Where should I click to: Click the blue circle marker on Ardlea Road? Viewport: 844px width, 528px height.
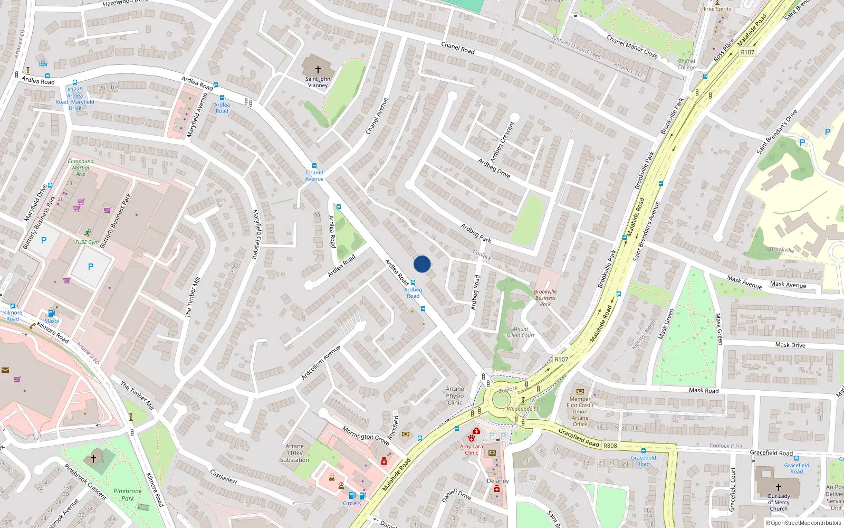pyautogui.click(x=422, y=264)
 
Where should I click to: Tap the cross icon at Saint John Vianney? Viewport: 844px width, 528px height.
pyautogui.click(x=318, y=70)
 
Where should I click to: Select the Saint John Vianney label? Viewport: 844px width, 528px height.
pyautogui.click(x=318, y=82)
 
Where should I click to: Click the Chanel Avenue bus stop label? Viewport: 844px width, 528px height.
pyautogui.click(x=314, y=176)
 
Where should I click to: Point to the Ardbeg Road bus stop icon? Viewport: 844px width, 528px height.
pyautogui.click(x=413, y=283)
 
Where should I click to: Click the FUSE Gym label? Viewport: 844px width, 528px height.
pyautogui.click(x=87, y=242)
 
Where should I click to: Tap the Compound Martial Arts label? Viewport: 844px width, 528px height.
pyautogui.click(x=81, y=167)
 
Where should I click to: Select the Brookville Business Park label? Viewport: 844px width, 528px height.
pyautogui.click(x=545, y=298)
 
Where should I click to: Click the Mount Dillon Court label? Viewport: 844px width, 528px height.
pyautogui.click(x=521, y=332)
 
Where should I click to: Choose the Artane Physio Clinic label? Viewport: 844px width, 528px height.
pyautogui.click(x=455, y=395)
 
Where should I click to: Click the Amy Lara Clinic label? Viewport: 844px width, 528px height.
pyautogui.click(x=471, y=449)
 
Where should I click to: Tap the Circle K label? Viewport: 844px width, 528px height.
pyautogui.click(x=352, y=503)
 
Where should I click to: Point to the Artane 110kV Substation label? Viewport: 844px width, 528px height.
pyautogui.click(x=294, y=453)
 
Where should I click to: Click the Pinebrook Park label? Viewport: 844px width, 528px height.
pyautogui.click(x=128, y=495)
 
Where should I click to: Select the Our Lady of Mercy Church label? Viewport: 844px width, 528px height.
pyautogui.click(x=779, y=502)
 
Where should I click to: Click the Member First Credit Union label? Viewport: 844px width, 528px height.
pyautogui.click(x=580, y=411)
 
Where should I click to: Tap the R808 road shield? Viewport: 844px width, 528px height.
pyautogui.click(x=610, y=446)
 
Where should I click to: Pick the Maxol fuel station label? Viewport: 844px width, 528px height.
pyautogui.click(x=52, y=321)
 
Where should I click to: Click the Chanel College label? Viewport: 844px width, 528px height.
pyautogui.click(x=686, y=64)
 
